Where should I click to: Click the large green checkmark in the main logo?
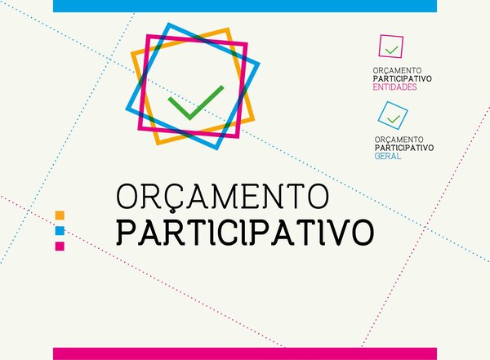(x=194, y=103)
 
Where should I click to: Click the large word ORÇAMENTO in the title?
(x=222, y=197)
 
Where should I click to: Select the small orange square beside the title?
(x=60, y=216)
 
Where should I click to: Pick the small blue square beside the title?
(x=60, y=230)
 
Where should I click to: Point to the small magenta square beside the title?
(x=60, y=246)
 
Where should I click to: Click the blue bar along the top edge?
(x=245, y=6)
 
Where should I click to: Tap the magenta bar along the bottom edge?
(x=245, y=353)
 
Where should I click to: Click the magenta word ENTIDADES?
(x=394, y=86)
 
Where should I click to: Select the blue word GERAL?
(x=388, y=155)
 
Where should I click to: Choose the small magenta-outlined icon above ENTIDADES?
(x=391, y=47)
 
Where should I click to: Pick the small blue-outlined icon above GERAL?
(x=393, y=116)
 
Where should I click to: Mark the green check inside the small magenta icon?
(x=392, y=49)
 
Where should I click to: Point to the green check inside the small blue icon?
(x=394, y=119)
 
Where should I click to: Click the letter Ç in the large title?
(x=169, y=198)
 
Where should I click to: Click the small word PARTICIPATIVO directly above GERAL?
(x=404, y=148)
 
